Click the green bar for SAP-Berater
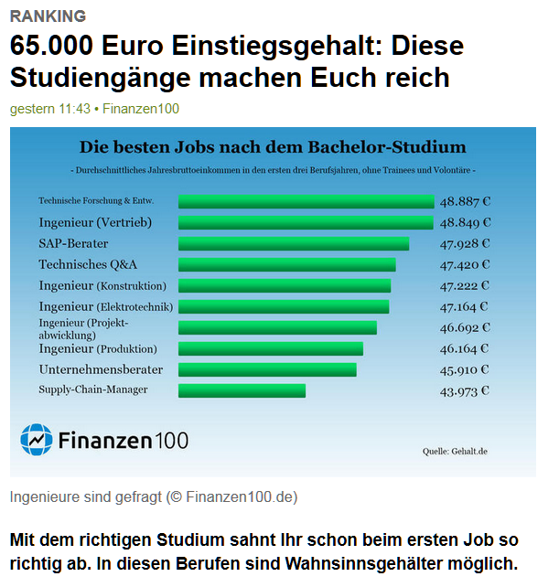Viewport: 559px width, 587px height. [293, 244]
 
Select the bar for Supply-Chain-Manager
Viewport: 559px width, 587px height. [242, 390]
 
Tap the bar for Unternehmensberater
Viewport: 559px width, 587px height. [267, 369]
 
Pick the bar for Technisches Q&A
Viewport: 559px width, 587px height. [286, 265]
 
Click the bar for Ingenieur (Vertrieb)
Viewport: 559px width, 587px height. [306, 223]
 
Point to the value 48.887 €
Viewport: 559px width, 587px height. [465, 202]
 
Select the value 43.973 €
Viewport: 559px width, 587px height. [465, 390]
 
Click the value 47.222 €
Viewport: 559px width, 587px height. [465, 286]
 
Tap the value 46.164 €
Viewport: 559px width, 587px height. [465, 348]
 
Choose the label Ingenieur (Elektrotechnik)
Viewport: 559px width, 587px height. [105, 307]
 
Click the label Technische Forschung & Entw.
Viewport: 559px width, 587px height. [96, 201]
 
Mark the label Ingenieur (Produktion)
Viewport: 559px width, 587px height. [98, 349]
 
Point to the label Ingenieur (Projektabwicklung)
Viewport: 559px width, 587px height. [83, 328]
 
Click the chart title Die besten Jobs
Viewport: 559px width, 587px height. [273, 147]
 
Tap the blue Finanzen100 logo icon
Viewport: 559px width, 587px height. [36, 440]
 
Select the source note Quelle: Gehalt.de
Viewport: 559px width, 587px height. [455, 451]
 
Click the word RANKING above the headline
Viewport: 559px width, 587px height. [48, 16]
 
